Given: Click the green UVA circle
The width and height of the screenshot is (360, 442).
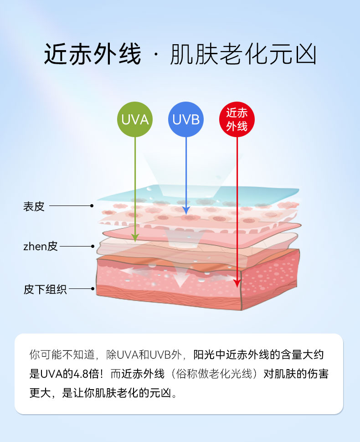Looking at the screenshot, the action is (135, 120).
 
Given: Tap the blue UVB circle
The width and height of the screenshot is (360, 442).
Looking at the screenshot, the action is (186, 120).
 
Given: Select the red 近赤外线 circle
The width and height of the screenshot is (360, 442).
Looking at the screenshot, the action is (237, 120).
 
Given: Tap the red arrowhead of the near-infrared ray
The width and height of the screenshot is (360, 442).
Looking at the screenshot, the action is (237, 283).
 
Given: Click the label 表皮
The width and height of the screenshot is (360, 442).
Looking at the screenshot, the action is (34, 206).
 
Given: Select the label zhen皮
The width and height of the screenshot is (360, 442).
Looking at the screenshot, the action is (41, 247).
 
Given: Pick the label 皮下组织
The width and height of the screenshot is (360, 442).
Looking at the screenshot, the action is (45, 289).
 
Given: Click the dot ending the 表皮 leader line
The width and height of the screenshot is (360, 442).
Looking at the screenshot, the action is (92, 206).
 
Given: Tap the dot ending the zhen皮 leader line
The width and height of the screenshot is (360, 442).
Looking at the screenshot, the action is (93, 247).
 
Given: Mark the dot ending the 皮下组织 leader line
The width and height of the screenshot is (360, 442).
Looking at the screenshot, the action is (93, 289).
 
